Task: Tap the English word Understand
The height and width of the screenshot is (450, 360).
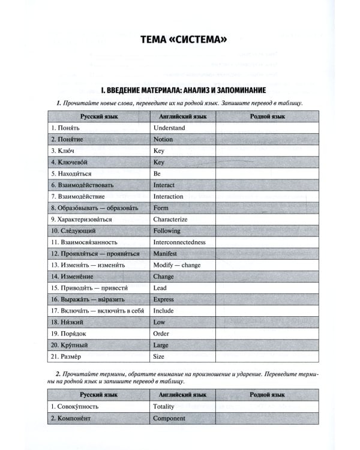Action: pos(169,128)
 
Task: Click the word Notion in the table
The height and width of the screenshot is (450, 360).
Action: pos(163,139)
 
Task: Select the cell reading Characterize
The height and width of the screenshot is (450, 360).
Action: pos(170,219)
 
